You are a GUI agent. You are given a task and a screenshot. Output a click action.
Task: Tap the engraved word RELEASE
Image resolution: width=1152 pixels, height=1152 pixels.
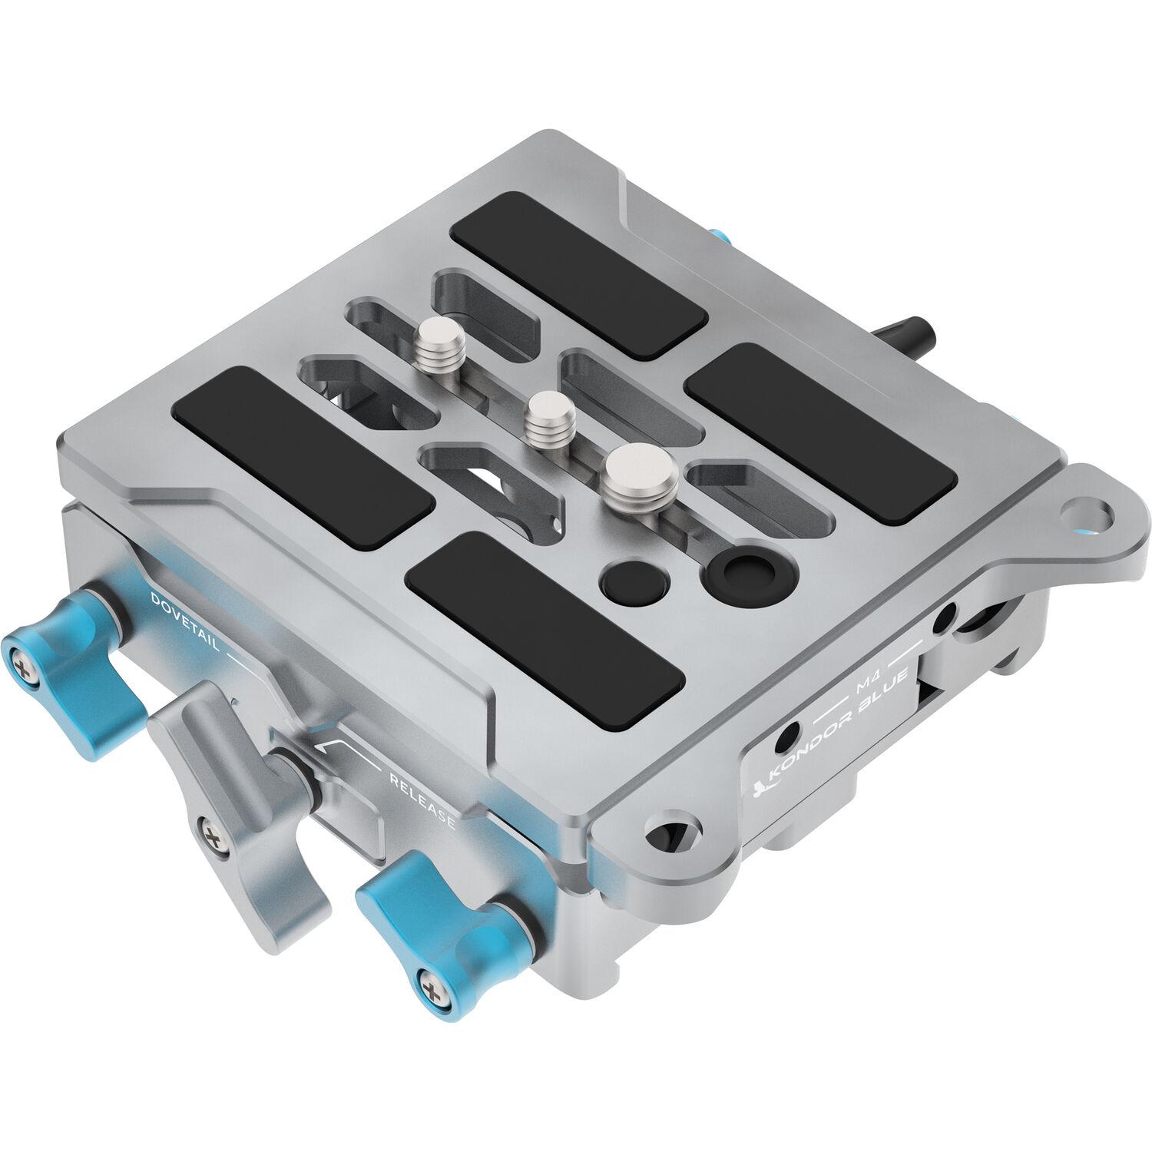423,802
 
